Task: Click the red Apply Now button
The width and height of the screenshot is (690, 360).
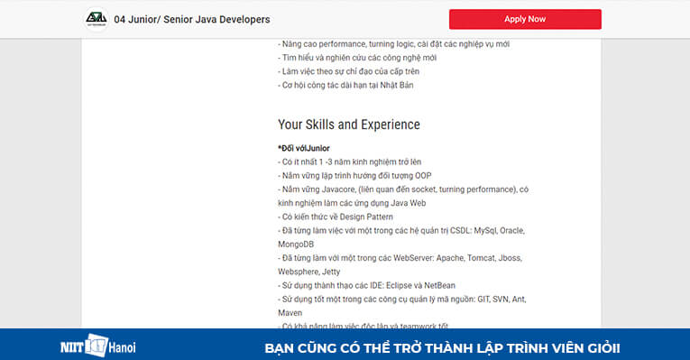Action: (525, 19)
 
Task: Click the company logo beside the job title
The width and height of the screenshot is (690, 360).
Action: (95, 19)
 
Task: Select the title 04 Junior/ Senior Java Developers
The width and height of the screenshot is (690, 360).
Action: (192, 19)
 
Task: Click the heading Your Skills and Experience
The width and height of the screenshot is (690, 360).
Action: (348, 125)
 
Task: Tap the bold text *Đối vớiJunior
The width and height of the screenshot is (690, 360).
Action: (304, 147)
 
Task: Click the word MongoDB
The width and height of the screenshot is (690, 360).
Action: (300, 244)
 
